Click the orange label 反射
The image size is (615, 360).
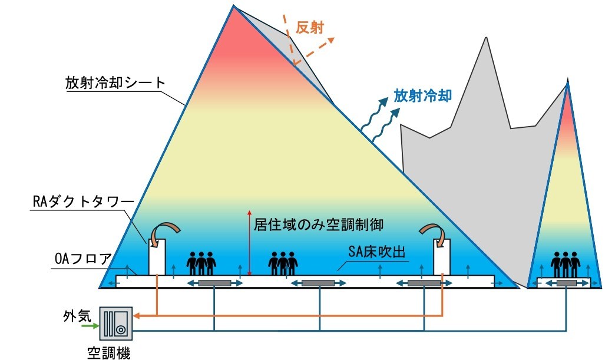coord(310,28)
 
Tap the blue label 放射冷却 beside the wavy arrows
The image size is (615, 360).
coord(423,95)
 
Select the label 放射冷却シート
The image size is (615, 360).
coord(115,82)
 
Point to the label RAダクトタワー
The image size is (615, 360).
coord(83,202)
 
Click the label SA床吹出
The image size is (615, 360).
coord(376,252)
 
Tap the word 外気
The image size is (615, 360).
coord(77,316)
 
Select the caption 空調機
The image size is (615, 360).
coord(108,352)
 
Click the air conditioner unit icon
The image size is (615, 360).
coord(116,323)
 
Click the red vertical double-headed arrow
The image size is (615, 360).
coord(249,243)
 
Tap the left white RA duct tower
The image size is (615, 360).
coord(157,257)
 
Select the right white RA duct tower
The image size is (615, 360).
coord(442,257)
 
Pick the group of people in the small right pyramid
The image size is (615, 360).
coord(565,264)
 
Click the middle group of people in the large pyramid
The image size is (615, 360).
coord(283,263)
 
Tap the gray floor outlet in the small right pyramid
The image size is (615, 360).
coord(566,283)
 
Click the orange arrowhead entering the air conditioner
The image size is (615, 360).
coord(137,316)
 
